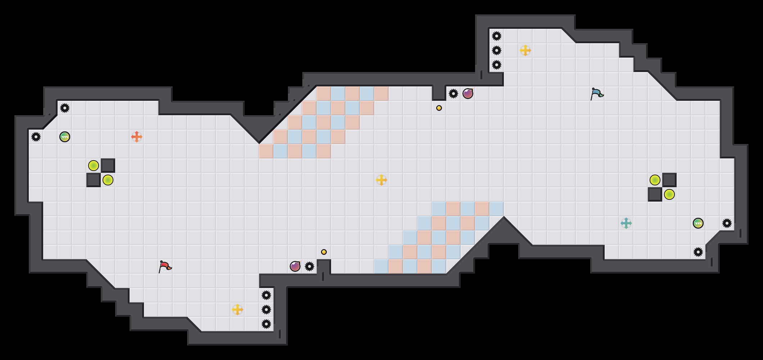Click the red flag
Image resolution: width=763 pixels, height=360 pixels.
pyautogui.click(x=165, y=266)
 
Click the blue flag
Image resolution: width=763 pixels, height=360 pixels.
pyautogui.click(x=597, y=94)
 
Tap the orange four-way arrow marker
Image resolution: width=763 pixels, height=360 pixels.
pyautogui.click(x=137, y=137)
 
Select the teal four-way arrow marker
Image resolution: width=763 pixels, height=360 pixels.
pyautogui.click(x=626, y=223)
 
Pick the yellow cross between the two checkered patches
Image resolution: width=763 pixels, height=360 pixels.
pyautogui.click(x=381, y=180)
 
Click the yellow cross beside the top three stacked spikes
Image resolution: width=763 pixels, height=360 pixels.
pyautogui.click(x=525, y=50)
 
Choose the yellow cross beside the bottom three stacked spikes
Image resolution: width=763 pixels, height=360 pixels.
pyautogui.click(x=238, y=310)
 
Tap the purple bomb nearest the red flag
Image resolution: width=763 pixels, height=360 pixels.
pyautogui.click(x=295, y=266)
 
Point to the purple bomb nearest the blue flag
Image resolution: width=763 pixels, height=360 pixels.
pyautogui.click(x=468, y=94)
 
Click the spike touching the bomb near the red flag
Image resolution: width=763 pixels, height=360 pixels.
pyautogui.click(x=310, y=266)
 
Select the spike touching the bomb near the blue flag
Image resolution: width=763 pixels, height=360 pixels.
pyautogui.click(x=453, y=94)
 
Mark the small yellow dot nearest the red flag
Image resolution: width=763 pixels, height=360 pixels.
pyautogui.click(x=324, y=252)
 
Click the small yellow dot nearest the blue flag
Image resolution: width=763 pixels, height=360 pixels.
pyautogui.click(x=439, y=108)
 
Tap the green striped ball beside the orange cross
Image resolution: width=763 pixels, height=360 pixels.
pyautogui.click(x=65, y=137)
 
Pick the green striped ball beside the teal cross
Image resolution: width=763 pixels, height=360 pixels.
pyautogui.click(x=698, y=223)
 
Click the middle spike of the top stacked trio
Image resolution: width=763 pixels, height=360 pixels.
pyautogui.click(x=497, y=50)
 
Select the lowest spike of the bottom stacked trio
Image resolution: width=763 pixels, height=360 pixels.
pyautogui.click(x=266, y=324)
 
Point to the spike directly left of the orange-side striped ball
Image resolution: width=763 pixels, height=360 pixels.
pyautogui.click(x=36, y=137)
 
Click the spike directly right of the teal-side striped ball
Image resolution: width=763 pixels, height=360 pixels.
pyautogui.click(x=727, y=223)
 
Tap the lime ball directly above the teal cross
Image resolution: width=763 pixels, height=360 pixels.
pyautogui.click(x=655, y=180)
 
